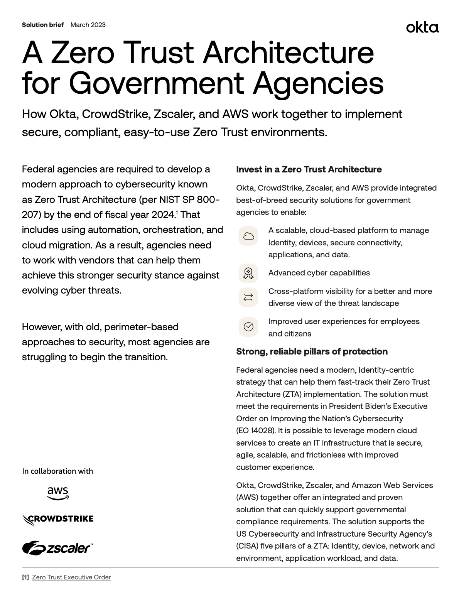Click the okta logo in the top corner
[x=422, y=27]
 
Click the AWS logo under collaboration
[x=58, y=493]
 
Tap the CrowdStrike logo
[x=58, y=519]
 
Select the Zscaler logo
[x=58, y=547]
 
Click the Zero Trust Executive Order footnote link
[x=71, y=577]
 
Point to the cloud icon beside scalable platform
[x=248, y=236]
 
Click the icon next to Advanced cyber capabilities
[x=248, y=273]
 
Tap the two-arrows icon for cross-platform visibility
[x=248, y=297]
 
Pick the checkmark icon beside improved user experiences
[x=248, y=327]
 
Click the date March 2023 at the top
[x=88, y=25]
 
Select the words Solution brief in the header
[x=43, y=25]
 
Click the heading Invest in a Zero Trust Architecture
[x=309, y=169]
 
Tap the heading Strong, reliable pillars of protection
[x=312, y=351]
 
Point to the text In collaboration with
[x=57, y=471]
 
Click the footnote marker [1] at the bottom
[x=25, y=577]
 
